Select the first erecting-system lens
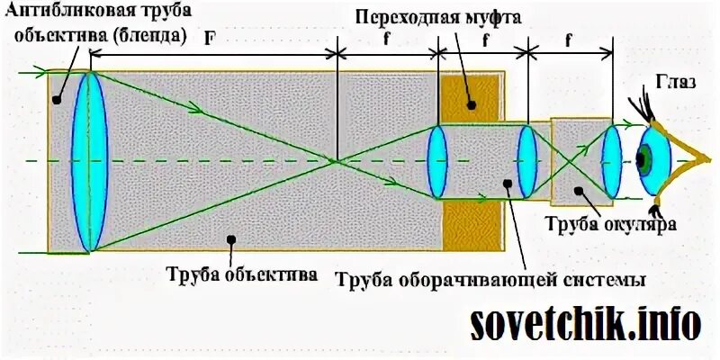[x=436, y=162]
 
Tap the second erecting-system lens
[x=526, y=162]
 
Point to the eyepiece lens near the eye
[x=611, y=162]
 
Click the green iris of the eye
[x=643, y=161]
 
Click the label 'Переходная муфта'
[x=438, y=17]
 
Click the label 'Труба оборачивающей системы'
[x=491, y=278]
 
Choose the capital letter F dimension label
[x=209, y=39]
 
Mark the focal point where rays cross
[x=337, y=161]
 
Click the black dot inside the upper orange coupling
[x=471, y=103]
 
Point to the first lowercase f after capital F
[x=386, y=39]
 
